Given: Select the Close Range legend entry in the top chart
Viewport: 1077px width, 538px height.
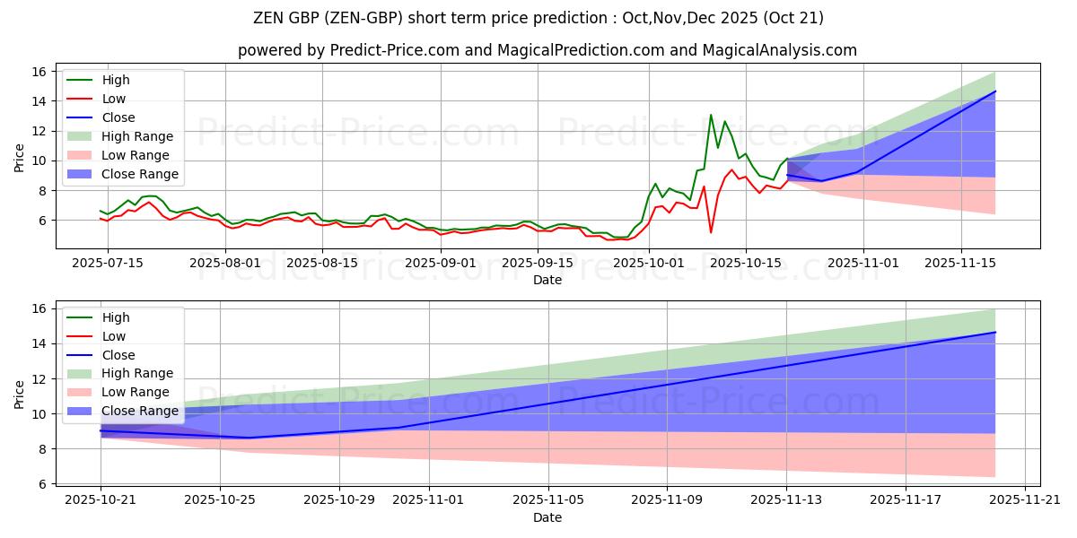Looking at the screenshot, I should (x=139, y=174).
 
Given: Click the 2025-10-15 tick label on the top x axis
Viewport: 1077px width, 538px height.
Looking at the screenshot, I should (x=745, y=263).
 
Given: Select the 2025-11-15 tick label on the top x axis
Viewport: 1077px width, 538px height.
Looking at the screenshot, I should (x=961, y=263).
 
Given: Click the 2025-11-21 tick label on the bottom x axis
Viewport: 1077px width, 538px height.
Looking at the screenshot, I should (x=1025, y=500).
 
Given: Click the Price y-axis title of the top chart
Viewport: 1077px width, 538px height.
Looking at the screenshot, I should (x=20, y=158).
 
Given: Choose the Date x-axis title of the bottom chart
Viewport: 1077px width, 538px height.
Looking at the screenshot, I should (x=547, y=517).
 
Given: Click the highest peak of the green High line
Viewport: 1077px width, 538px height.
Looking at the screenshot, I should (x=711, y=115).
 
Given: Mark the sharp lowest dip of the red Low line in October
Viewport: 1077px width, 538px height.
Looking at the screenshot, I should (x=711, y=233).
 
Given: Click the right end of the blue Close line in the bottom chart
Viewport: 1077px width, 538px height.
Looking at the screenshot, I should (x=995, y=332).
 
